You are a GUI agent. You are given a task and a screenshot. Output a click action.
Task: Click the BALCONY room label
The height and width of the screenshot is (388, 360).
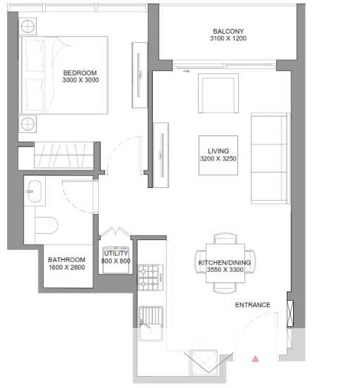(228, 32)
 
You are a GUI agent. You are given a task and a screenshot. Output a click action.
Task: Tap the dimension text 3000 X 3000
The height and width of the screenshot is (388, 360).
(80, 80)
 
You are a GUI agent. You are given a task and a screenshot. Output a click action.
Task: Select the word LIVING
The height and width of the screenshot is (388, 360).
(218, 151)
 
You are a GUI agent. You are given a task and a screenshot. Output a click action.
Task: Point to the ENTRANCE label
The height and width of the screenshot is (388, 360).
(252, 305)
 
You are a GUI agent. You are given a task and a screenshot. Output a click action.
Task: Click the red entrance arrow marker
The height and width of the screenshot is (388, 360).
(256, 359)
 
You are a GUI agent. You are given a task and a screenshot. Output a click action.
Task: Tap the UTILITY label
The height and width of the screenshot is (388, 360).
(116, 254)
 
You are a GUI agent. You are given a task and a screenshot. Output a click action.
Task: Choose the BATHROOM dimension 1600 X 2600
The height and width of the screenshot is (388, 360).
(67, 268)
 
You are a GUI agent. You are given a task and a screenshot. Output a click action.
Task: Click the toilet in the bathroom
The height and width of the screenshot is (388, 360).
(46, 225)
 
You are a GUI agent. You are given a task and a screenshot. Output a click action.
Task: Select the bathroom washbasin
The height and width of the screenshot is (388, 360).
(35, 192)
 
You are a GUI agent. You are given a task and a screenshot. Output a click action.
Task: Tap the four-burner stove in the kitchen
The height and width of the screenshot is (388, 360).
(151, 277)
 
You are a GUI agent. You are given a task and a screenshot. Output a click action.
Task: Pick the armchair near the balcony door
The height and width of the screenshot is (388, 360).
(218, 93)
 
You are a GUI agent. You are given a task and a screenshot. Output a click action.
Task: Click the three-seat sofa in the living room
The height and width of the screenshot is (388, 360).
(271, 158)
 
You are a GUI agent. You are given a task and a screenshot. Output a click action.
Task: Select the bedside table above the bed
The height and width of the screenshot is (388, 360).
(27, 26)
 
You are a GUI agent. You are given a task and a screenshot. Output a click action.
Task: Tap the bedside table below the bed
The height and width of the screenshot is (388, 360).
(27, 124)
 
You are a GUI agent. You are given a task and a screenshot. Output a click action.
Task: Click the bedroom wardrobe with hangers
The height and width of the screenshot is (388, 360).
(63, 155)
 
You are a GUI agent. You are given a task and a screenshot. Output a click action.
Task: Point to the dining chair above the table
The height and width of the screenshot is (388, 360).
(225, 238)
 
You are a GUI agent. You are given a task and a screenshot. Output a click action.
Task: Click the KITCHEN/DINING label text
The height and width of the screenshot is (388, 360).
(225, 263)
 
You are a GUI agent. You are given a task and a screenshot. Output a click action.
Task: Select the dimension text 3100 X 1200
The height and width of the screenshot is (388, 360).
(228, 38)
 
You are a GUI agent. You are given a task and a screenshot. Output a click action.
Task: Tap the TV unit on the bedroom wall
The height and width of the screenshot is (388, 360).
(139, 75)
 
